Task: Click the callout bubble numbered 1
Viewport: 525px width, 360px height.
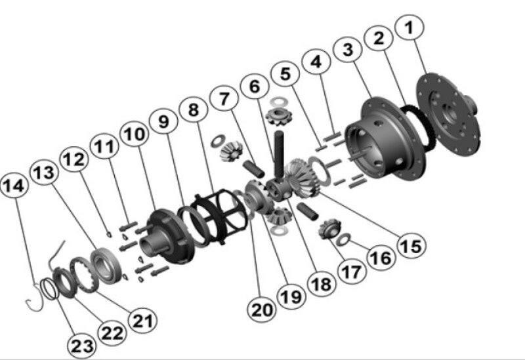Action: tap(408, 28)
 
